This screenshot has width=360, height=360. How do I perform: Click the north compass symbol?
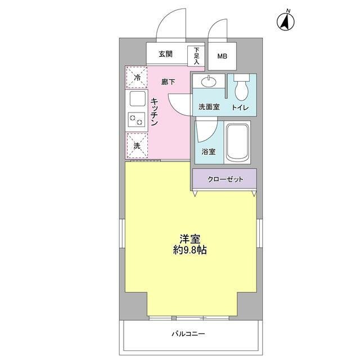point(286,21)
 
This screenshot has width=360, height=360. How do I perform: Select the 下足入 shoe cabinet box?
point(196,55)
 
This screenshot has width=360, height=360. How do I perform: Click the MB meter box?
point(223,56)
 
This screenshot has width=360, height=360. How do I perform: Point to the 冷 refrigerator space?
point(137,78)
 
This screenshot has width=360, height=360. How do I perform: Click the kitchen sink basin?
point(137,99)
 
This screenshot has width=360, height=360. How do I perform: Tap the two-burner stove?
point(137,119)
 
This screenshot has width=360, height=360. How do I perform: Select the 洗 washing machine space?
point(137,146)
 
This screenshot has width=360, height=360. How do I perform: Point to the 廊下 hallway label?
point(168,82)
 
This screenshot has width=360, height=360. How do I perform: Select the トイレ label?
point(240,107)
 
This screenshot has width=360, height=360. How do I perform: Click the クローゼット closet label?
point(225,179)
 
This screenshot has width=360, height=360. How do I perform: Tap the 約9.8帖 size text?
point(190,250)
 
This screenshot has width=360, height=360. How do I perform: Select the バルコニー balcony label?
point(188,334)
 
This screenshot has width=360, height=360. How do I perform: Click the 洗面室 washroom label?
point(208,107)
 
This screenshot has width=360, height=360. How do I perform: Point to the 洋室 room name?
point(190,238)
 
